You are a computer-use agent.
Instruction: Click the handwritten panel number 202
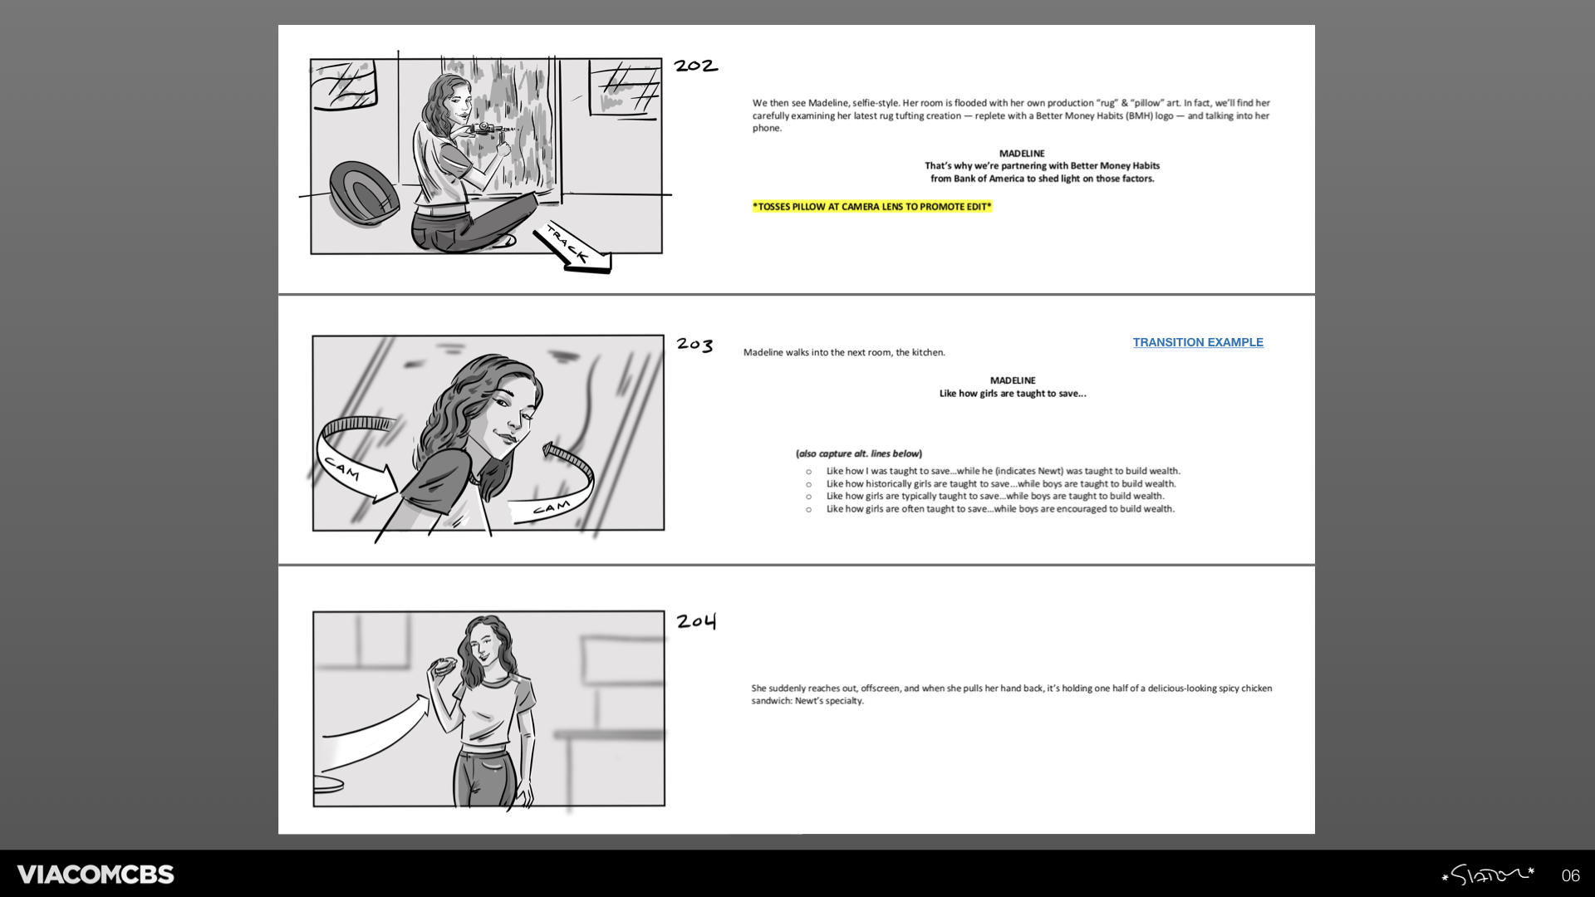(695, 66)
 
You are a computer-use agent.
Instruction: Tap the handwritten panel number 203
(694, 345)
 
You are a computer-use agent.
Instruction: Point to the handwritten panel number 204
(696, 621)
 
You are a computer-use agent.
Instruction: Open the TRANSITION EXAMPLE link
(1198, 342)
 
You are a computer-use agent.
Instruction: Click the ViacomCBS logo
(96, 875)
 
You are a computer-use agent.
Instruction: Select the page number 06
(1570, 875)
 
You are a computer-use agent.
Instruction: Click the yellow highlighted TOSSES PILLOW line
(872, 207)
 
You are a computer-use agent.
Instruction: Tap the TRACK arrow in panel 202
(573, 247)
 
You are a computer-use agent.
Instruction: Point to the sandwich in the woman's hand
(443, 665)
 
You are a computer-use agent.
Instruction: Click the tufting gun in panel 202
(490, 129)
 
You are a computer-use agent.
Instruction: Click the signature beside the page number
(1487, 875)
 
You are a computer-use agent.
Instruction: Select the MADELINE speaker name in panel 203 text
(1013, 380)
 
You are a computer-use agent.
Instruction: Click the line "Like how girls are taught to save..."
(1013, 394)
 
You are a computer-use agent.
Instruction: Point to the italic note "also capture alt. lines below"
(859, 453)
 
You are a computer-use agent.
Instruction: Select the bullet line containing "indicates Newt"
(1003, 471)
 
